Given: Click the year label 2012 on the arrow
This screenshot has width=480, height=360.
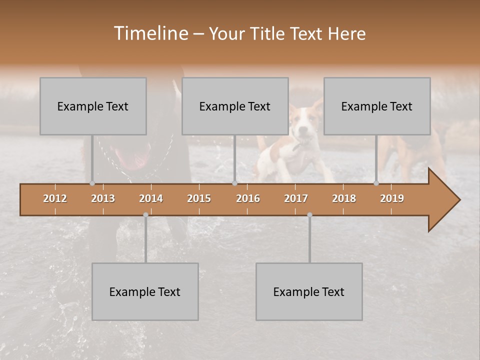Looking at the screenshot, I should pos(55,198).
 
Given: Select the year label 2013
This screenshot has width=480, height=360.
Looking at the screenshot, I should pos(103,198).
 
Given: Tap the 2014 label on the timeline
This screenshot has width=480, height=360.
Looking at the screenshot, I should pos(151,198).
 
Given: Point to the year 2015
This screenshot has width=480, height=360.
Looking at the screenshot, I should pos(199,198).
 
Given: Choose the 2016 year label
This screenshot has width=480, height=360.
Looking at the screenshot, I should pos(248,198).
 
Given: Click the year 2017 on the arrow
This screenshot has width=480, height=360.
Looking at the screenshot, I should pos(296,198).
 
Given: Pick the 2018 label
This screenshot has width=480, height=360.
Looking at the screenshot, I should pos(344,198).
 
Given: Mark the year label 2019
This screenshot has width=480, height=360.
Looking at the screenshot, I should pos(392,198).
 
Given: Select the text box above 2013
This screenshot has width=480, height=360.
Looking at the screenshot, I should pos(93,106).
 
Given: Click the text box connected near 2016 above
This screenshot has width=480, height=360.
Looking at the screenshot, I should pos(235,106).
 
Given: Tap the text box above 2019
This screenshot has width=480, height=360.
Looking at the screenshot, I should pos(377,106).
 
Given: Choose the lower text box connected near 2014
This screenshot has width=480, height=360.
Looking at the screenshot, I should pos(145,291).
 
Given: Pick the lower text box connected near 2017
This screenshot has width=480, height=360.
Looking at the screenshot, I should pos(309,291).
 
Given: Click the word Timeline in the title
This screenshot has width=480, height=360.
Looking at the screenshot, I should pos(150,33).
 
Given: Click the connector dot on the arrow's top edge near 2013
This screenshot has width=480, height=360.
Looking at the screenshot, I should pos(92,183).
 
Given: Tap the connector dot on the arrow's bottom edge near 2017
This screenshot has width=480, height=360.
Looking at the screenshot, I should pos(309,215).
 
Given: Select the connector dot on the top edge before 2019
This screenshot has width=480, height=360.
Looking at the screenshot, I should pos(376,183).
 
